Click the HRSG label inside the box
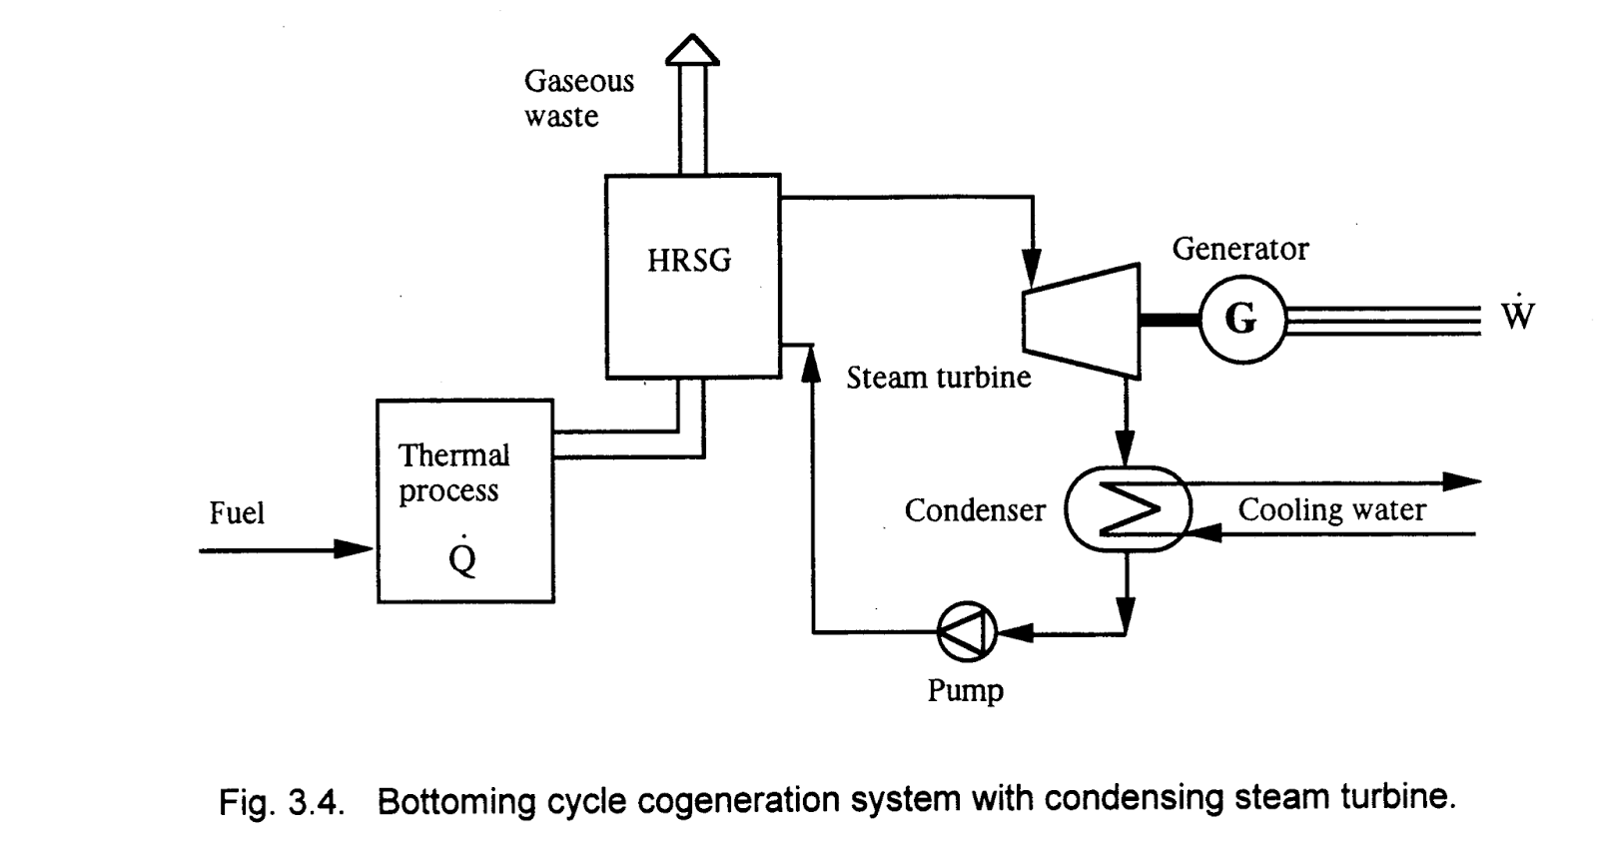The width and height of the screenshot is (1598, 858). tap(689, 261)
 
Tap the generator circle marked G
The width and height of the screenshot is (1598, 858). tap(1240, 319)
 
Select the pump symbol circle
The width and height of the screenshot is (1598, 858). tap(967, 632)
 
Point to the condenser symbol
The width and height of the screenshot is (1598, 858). tap(1128, 508)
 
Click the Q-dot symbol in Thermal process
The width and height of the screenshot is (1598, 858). tap(462, 557)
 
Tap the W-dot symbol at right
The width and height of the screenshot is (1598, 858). tap(1516, 315)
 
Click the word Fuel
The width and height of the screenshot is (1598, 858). tap(237, 513)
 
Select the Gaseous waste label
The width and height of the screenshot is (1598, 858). tap(578, 98)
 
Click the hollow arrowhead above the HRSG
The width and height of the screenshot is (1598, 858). tap(692, 49)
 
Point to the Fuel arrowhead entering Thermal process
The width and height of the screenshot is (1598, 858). tap(354, 549)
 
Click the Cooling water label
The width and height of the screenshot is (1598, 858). tap(1331, 509)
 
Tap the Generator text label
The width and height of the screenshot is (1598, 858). tap(1239, 249)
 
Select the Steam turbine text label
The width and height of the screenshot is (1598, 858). tap(938, 378)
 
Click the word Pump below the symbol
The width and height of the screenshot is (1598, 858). tap(965, 690)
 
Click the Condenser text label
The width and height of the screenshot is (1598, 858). tap(974, 510)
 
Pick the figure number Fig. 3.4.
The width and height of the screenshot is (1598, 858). tap(282, 802)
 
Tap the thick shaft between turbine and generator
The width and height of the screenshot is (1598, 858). tap(1170, 320)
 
